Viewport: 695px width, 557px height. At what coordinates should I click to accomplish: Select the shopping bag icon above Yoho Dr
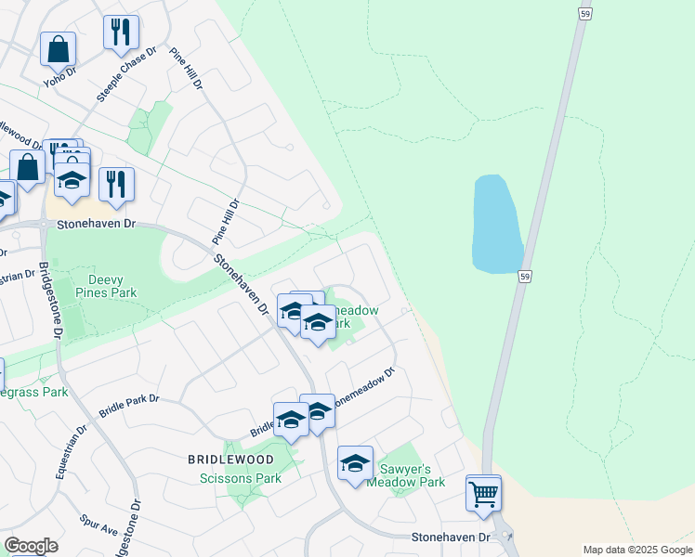click(x=58, y=49)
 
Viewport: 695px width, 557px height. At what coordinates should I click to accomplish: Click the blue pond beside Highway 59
click(x=497, y=224)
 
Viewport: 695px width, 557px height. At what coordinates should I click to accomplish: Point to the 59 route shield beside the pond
click(x=526, y=277)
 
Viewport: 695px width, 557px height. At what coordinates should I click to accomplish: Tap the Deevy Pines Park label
click(x=112, y=286)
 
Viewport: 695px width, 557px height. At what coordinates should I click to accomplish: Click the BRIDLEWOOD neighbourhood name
click(x=230, y=460)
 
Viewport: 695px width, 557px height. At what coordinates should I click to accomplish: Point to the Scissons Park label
click(x=241, y=478)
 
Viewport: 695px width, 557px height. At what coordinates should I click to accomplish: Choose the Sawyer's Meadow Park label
click(x=407, y=475)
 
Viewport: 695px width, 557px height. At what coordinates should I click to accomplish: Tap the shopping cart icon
click(x=483, y=493)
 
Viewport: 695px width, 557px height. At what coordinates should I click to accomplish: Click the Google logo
click(x=31, y=546)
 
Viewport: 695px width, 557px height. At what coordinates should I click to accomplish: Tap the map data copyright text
click(x=636, y=550)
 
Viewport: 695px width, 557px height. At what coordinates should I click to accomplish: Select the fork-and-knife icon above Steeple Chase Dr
click(x=121, y=32)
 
